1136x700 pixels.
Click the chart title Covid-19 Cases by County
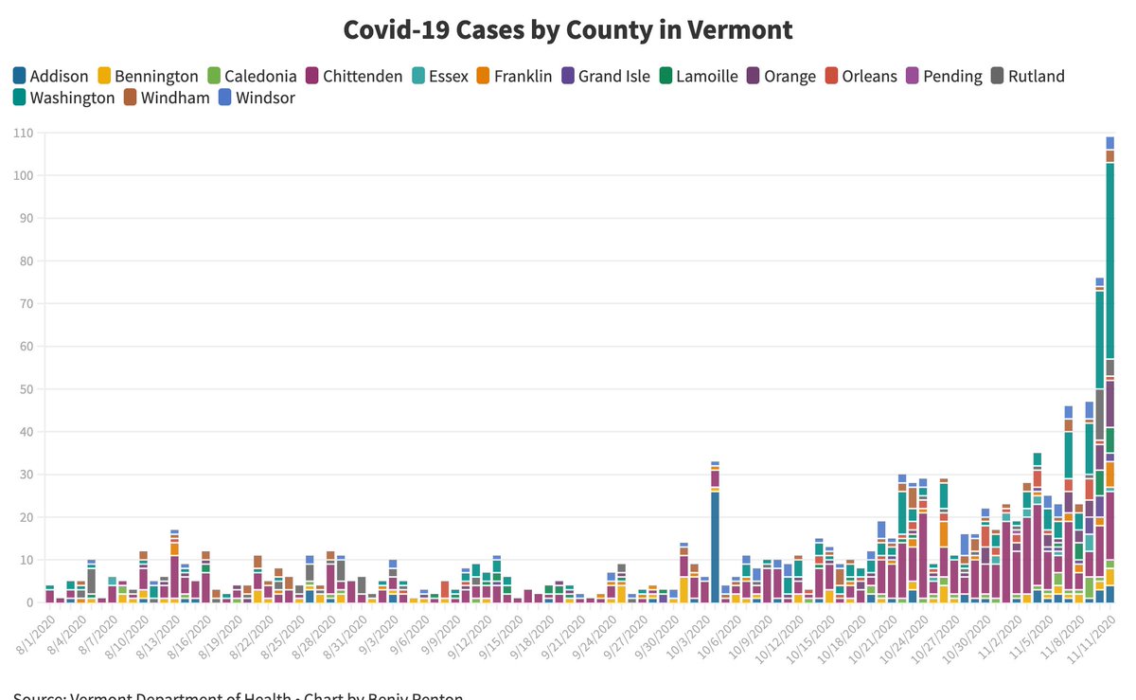click(568, 29)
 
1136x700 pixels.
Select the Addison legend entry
click(51, 77)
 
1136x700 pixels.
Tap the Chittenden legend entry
click(353, 77)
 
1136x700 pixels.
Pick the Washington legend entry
click(63, 98)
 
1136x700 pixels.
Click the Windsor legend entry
click(256, 98)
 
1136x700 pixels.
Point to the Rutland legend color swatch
click(999, 77)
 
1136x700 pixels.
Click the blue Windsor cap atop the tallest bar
click(1109, 143)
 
